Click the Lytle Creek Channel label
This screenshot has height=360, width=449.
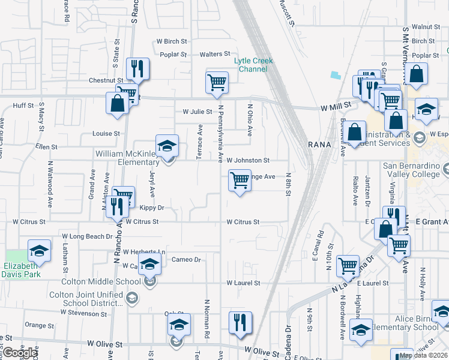253,65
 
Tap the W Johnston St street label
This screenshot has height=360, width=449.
248,160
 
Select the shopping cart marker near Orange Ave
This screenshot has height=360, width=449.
240,180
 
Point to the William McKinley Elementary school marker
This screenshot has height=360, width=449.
167,146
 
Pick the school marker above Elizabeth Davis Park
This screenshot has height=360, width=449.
39,251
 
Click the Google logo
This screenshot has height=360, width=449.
19,353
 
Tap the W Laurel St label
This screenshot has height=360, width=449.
243,283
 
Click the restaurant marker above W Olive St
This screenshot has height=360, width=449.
239,322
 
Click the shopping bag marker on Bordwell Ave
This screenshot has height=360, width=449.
355,132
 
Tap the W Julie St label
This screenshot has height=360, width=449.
197,112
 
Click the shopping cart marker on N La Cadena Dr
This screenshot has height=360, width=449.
348,266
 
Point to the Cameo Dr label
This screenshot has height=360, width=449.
185,259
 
